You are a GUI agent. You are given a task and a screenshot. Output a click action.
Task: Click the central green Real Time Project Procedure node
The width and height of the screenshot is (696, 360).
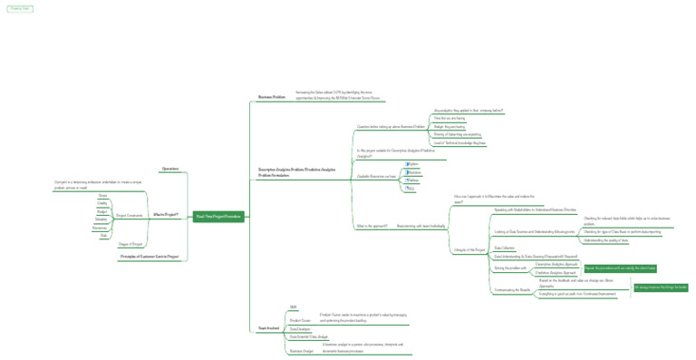click(x=218, y=216)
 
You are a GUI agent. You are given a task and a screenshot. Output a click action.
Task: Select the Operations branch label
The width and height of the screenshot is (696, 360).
click(x=169, y=169)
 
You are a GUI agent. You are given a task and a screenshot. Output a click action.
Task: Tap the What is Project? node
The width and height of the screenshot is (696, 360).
click(x=166, y=215)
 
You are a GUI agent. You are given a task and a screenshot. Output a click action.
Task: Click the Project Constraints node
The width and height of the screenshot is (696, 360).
click(x=129, y=215)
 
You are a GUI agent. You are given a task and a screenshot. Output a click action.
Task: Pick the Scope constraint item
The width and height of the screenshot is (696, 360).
click(x=102, y=195)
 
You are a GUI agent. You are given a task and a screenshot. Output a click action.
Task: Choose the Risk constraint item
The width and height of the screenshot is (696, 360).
click(x=103, y=235)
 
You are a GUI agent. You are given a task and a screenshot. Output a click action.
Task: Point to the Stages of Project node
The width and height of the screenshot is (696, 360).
click(x=130, y=244)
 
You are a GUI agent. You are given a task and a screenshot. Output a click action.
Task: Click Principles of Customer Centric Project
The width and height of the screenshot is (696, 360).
click(x=150, y=257)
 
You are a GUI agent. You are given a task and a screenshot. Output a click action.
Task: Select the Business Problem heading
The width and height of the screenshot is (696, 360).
click(x=271, y=96)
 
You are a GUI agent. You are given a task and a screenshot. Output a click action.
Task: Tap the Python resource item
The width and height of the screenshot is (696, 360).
click(x=412, y=164)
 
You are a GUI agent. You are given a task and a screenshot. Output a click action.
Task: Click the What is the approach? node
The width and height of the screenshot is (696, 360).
click(x=372, y=226)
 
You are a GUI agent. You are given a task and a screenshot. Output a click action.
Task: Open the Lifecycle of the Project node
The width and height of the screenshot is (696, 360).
click(x=469, y=249)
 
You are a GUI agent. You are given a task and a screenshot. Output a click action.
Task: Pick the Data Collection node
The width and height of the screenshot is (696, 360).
click(x=504, y=248)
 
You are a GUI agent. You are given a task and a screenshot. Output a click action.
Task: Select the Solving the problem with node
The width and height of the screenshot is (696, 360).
click(x=510, y=268)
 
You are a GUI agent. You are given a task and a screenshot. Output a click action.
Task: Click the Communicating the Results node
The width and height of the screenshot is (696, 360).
click(x=512, y=290)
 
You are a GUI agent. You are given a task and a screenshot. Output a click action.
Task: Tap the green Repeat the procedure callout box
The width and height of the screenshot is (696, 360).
click(x=620, y=268)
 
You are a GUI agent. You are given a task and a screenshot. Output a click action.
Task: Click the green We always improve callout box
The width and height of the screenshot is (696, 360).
click(x=661, y=287)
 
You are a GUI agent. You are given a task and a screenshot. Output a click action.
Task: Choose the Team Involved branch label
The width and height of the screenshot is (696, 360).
click(x=267, y=327)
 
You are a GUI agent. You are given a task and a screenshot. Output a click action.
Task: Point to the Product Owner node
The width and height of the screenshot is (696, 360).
click(x=300, y=320)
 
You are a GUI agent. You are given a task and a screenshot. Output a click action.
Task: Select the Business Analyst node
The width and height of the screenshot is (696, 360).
click(x=301, y=350)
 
